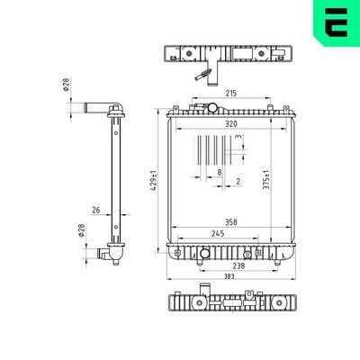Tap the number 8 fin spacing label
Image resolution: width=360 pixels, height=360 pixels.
tap(220, 171)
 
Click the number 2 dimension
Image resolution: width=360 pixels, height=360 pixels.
tap(238, 182)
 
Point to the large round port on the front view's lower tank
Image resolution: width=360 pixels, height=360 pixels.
tap(205, 253)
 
